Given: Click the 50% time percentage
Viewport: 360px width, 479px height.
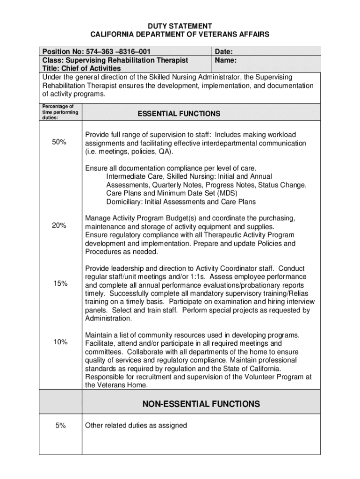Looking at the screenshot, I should click(x=59, y=142).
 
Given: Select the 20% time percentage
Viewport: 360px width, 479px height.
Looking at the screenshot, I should click(x=59, y=225).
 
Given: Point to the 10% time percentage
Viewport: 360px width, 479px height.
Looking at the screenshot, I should click(x=60, y=342).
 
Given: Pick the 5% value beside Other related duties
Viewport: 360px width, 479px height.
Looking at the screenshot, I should click(x=59, y=426).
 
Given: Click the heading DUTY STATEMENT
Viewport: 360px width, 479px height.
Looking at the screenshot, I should click(x=180, y=26).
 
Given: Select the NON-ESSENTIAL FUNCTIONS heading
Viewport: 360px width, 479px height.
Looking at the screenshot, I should click(x=201, y=404).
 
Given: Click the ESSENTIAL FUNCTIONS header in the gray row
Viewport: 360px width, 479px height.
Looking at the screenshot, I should click(x=179, y=114).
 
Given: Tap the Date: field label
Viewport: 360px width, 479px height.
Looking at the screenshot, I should click(x=224, y=51).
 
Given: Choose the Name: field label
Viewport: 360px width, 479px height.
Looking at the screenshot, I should click(x=226, y=60).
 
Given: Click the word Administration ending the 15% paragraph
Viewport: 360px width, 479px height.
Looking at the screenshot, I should click(x=108, y=319).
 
